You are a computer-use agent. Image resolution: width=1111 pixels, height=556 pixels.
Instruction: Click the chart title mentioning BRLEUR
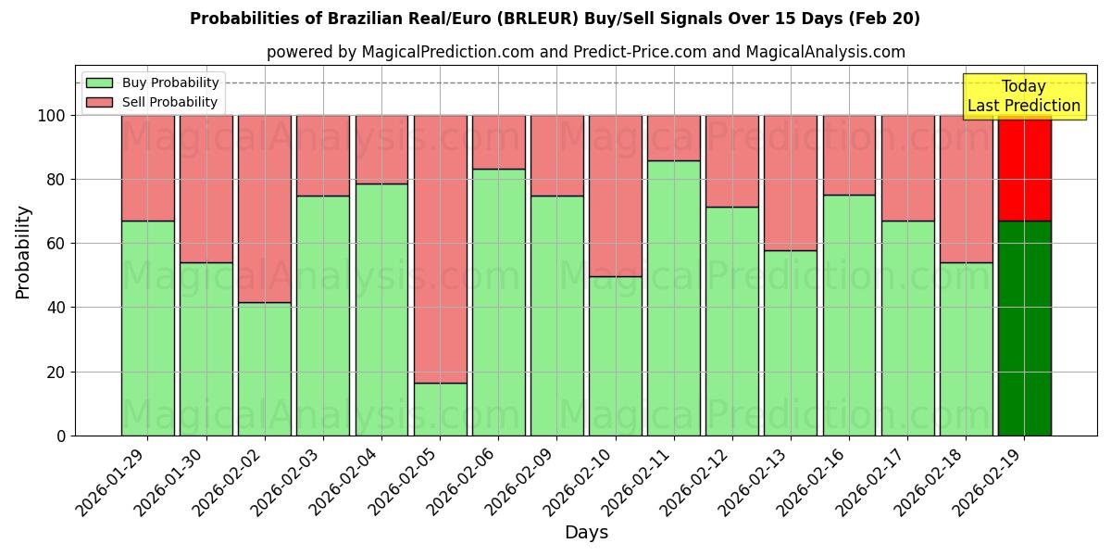tap(555, 19)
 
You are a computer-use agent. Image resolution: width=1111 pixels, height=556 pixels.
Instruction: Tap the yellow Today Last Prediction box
tap(1023, 96)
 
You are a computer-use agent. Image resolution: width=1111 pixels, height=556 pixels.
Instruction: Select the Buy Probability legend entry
tap(151, 82)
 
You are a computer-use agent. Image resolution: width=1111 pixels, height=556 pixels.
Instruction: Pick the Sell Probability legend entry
tap(151, 102)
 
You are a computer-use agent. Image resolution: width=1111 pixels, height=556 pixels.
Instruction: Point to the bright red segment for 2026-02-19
tap(1024, 168)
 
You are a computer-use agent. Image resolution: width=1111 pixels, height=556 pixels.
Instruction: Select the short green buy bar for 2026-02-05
tap(440, 409)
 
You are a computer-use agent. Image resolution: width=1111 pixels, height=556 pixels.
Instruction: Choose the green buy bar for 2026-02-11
tap(673, 297)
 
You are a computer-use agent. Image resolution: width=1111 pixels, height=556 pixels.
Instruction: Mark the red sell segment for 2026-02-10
tap(615, 196)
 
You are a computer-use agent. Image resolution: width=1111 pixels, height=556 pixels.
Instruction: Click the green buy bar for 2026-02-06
tap(498, 302)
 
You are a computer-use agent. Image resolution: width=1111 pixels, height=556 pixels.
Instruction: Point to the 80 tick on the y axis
tap(57, 180)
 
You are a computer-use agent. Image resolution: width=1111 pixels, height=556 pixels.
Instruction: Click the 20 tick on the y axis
tap(57, 372)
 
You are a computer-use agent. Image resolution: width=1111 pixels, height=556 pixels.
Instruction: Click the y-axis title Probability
tap(23, 251)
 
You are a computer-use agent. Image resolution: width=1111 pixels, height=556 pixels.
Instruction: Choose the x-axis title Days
tap(586, 533)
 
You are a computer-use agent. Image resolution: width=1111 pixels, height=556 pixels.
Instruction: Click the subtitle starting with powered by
tap(585, 52)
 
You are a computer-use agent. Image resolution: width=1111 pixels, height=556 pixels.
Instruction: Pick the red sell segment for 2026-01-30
tap(206, 188)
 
